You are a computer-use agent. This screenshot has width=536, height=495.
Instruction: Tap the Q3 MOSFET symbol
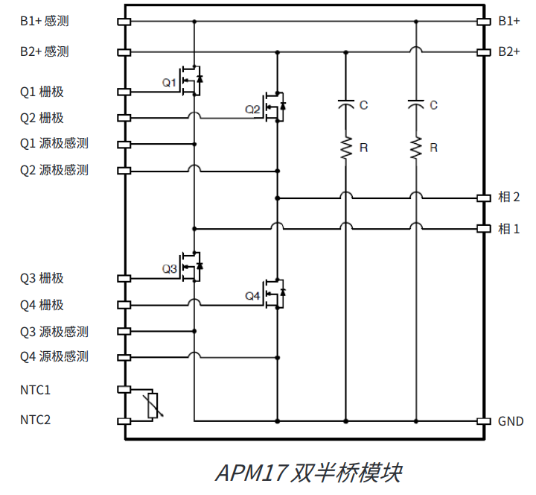(x=193, y=267)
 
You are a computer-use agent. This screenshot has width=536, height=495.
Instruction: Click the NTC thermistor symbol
(x=153, y=406)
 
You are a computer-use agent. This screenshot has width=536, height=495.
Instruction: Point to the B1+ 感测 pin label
(x=45, y=21)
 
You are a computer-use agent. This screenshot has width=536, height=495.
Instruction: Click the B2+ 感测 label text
(x=45, y=51)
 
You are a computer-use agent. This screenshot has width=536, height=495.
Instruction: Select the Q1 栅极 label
(x=42, y=92)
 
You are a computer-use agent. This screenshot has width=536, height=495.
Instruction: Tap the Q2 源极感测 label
(x=54, y=170)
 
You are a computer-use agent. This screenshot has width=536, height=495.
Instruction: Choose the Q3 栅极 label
(x=42, y=278)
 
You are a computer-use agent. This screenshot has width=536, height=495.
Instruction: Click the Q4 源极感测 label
(x=54, y=356)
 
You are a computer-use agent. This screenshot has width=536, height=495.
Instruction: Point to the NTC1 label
(x=36, y=389)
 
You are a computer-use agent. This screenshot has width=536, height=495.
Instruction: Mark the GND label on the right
(x=511, y=421)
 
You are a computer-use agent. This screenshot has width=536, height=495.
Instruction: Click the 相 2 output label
(x=509, y=198)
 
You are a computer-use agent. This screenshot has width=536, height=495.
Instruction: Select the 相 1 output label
(x=509, y=228)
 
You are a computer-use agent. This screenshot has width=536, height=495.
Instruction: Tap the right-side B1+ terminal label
(x=509, y=21)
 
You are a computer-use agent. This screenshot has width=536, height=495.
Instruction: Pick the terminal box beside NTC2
(x=124, y=422)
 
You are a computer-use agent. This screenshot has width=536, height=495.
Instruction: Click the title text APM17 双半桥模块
(x=308, y=473)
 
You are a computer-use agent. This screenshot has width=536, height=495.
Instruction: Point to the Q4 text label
(x=253, y=296)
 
